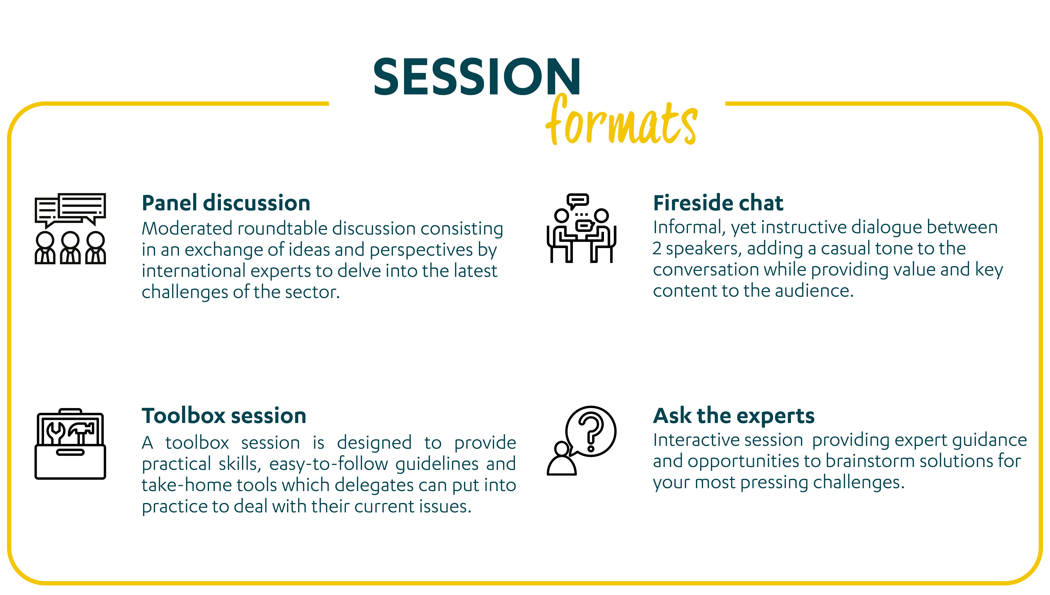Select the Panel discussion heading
[x=226, y=203]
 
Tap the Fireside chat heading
[x=718, y=203]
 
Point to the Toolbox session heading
[x=224, y=416]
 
